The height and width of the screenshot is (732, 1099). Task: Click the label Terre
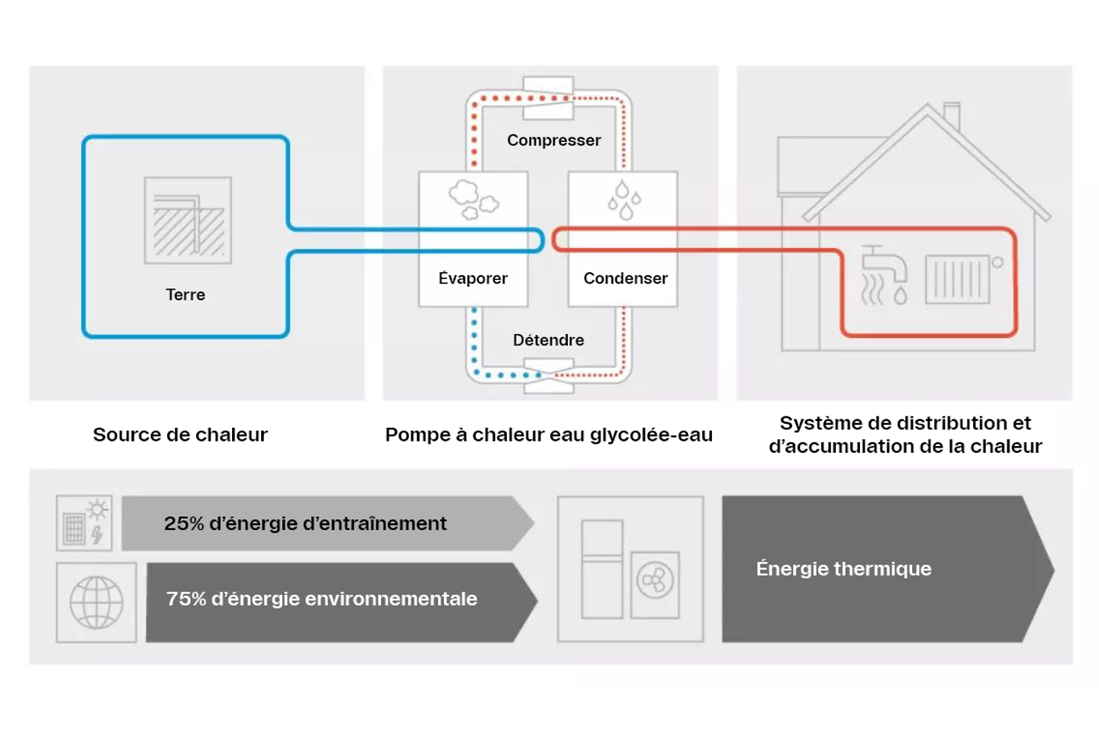pos(185,294)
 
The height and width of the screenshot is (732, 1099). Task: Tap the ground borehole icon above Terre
pos(188,220)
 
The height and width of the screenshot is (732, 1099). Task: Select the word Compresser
pos(553,140)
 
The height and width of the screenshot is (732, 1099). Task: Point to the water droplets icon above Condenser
pos(624,200)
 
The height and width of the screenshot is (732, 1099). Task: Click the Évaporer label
pos(472,278)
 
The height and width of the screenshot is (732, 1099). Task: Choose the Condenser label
pos(625,278)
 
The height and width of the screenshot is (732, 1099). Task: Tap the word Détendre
pos(548,340)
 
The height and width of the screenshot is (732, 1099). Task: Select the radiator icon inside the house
pos(960,279)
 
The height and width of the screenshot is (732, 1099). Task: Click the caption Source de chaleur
pos(180,435)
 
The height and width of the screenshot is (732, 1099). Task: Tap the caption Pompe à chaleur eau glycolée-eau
pos(548,435)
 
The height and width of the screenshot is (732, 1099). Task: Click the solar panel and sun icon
pos(84,523)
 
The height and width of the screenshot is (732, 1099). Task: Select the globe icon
pos(96,602)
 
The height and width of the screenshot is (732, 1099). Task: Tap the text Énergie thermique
pos(843,569)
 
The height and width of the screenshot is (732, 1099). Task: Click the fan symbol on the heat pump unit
pos(655,581)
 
